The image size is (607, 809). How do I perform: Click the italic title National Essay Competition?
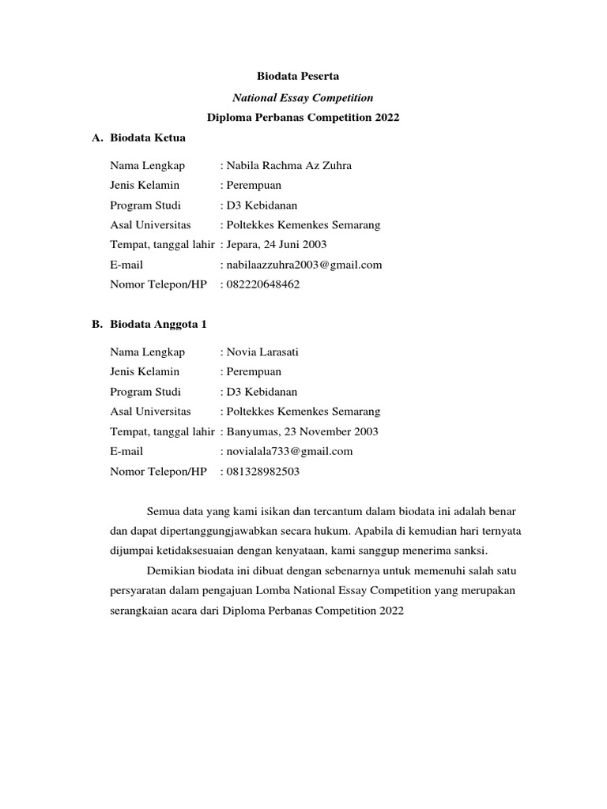pyautogui.click(x=303, y=97)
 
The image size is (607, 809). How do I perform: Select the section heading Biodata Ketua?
pyautogui.click(x=148, y=137)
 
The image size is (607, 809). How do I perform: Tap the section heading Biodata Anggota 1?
pyautogui.click(x=158, y=324)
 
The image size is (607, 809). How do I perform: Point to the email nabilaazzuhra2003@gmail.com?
pyautogui.click(x=304, y=265)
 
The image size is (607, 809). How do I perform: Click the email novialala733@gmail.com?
pyautogui.click(x=289, y=451)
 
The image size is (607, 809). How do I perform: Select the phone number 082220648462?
pyautogui.click(x=263, y=284)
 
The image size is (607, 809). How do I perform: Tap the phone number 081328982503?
pyautogui.click(x=263, y=472)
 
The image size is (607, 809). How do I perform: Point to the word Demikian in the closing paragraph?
pyautogui.click(x=170, y=571)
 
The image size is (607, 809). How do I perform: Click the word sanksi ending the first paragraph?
pyautogui.click(x=471, y=551)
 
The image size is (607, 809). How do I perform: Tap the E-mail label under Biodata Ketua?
pyautogui.click(x=126, y=265)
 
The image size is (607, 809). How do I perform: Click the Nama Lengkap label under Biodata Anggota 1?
pyautogui.click(x=148, y=352)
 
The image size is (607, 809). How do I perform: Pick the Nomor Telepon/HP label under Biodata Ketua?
pyautogui.click(x=158, y=284)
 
